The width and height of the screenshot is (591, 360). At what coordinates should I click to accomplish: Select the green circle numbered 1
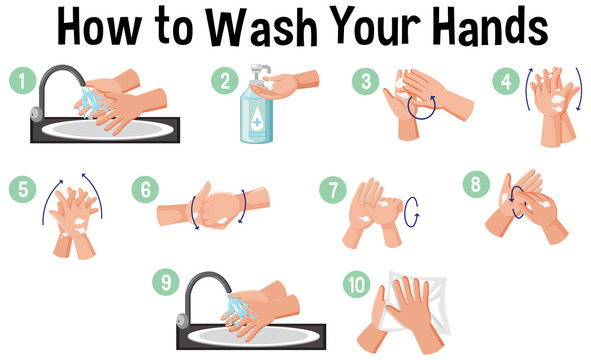17,78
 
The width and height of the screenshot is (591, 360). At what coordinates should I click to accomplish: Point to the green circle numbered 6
145,187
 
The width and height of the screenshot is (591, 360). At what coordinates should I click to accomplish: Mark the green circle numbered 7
331,187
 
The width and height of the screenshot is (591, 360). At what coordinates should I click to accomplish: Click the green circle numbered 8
476,183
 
